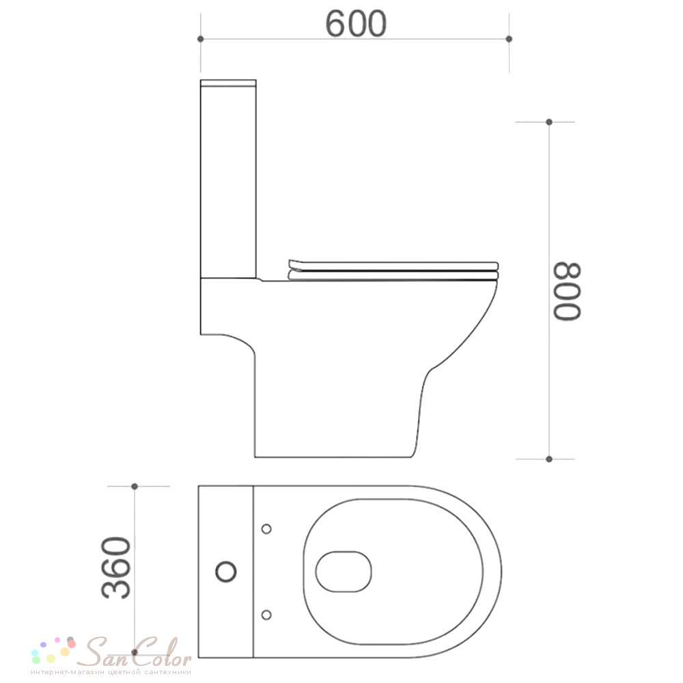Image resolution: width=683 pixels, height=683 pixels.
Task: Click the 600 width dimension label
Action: point(356,23)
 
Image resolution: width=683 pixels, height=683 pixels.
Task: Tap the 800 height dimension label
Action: point(567,292)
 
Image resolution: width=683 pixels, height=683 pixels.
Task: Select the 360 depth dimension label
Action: point(116,568)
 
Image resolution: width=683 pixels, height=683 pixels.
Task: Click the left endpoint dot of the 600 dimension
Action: point(200,39)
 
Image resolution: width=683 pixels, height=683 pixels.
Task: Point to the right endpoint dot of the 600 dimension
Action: point(509,39)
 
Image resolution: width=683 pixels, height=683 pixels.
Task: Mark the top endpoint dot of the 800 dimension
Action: point(549,122)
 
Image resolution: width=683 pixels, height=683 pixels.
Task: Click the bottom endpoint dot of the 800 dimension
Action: point(549,459)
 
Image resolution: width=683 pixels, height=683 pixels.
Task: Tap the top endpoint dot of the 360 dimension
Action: point(135,486)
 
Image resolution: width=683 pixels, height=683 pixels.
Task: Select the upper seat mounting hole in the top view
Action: point(266,529)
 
